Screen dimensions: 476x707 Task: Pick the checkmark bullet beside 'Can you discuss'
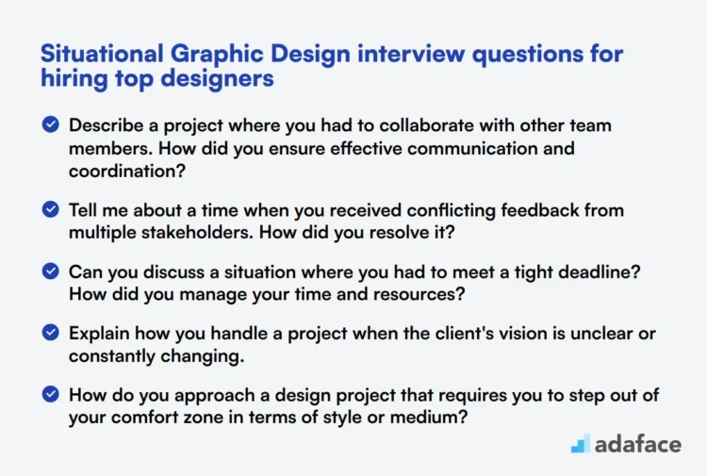pos(51,272)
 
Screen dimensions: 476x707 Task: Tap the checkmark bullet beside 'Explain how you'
pos(51,335)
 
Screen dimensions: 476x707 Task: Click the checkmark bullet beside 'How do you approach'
pos(51,397)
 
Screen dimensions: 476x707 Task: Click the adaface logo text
pos(638,443)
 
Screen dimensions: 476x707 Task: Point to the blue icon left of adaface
pos(582,444)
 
